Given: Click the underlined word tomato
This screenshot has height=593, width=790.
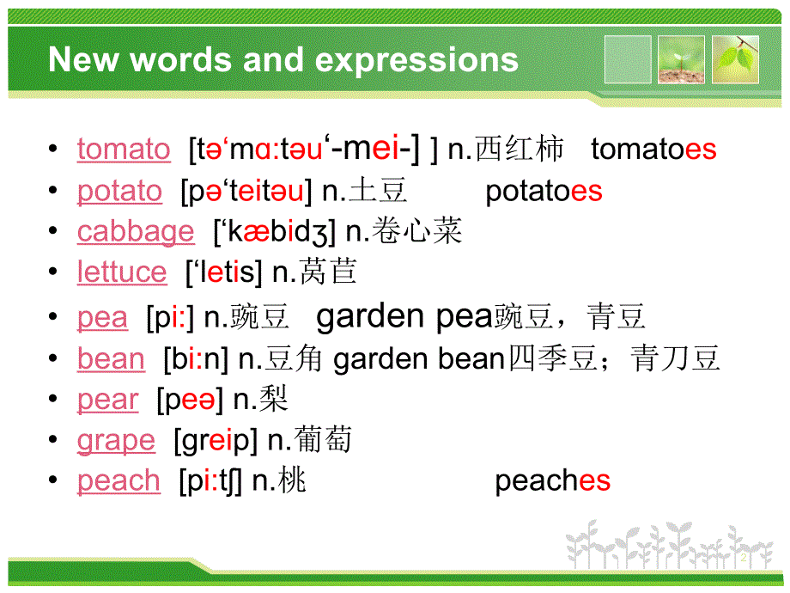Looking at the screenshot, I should click(124, 150).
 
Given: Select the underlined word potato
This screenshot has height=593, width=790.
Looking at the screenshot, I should click(119, 191).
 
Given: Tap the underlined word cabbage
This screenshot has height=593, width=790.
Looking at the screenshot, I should click(136, 231).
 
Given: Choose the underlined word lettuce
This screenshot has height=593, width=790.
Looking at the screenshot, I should click(122, 272).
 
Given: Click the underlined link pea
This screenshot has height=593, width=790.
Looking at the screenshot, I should click(102, 318).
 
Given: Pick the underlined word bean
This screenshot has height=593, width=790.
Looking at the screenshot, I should click(111, 358).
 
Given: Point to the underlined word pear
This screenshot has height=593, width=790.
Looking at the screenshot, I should click(107, 400).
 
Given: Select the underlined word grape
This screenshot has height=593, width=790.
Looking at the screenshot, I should click(116, 441).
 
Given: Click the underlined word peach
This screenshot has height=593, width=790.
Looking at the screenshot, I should click(118, 481).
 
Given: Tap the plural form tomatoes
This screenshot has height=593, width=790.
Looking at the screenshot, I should click(653, 150).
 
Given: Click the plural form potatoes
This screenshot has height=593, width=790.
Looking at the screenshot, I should click(544, 191).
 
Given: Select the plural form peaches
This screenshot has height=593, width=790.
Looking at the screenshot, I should click(552, 481).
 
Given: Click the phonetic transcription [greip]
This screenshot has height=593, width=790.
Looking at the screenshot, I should click(216, 441).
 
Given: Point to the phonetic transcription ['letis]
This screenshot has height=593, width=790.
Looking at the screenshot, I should click(224, 272).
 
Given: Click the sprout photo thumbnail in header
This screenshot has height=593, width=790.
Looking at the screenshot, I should click(681, 59).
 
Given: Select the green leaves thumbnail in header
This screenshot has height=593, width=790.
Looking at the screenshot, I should click(735, 59).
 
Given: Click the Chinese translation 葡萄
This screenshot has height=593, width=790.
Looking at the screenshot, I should click(322, 441).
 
